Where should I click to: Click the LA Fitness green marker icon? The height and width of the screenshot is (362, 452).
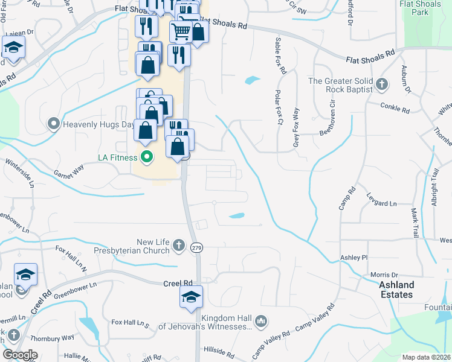(x=146, y=159)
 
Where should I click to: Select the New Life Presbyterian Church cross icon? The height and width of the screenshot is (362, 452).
(x=178, y=245)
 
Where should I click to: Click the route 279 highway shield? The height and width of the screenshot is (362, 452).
(x=196, y=248)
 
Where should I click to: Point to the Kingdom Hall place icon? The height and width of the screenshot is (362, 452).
(x=260, y=320)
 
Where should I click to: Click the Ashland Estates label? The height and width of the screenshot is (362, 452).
(x=396, y=290)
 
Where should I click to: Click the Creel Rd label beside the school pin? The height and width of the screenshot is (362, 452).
(x=178, y=283)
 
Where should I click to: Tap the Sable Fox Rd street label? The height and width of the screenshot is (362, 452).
(x=280, y=56)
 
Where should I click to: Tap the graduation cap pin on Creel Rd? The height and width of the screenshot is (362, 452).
(x=191, y=297)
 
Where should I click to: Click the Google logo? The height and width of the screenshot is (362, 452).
(x=21, y=355)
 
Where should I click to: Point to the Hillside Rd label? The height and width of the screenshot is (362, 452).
(x=219, y=351)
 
